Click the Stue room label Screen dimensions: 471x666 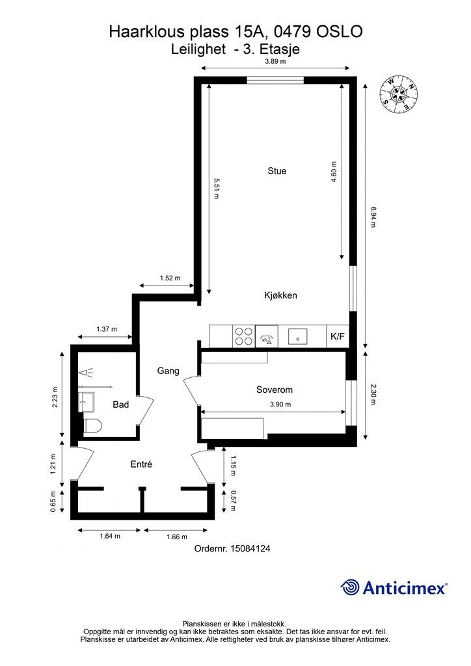(x=277, y=171)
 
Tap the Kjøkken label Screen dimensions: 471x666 (x=280, y=295)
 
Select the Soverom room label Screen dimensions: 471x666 (x=275, y=390)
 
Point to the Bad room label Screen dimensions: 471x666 (x=120, y=405)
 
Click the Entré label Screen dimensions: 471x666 (x=141, y=464)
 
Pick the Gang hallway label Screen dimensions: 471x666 (x=168, y=371)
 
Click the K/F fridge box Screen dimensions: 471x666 (x=338, y=336)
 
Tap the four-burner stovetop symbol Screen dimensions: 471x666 (x=244, y=336)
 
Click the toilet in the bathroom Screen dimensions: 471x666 (x=92, y=425)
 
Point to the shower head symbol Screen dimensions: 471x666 (x=87, y=373)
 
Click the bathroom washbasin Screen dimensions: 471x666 (x=87, y=402)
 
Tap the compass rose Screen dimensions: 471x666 (x=398, y=96)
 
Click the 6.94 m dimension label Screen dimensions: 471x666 (x=373, y=217)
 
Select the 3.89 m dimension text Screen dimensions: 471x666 (x=275, y=61)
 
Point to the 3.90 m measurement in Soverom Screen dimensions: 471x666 (x=280, y=405)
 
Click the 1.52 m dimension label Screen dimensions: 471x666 (x=170, y=278)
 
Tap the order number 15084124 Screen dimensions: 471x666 (x=250, y=548)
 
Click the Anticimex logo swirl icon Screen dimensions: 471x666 (x=350, y=587)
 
